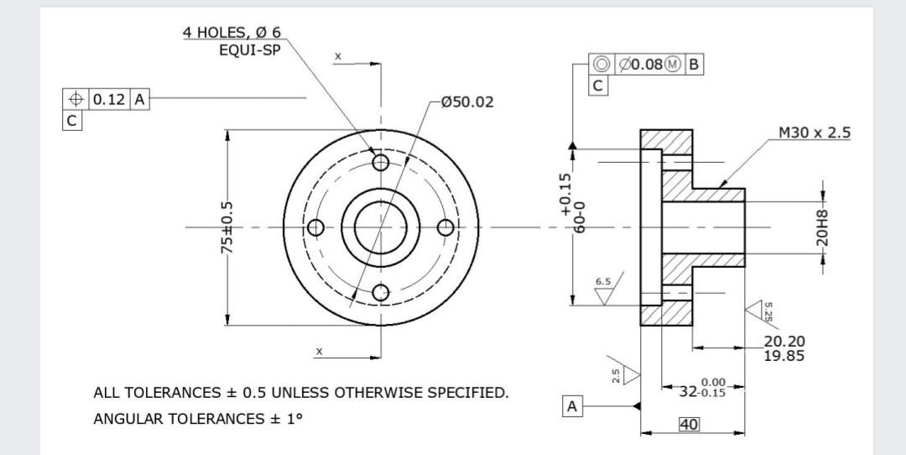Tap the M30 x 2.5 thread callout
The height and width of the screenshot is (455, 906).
pyautogui.click(x=814, y=133)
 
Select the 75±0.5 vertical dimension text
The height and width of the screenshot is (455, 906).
pyautogui.click(x=226, y=227)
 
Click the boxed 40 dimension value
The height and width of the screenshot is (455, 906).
pyautogui.click(x=689, y=425)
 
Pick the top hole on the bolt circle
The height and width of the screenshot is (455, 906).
pyautogui.click(x=381, y=161)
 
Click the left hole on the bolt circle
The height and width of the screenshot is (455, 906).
pyautogui.click(x=315, y=227)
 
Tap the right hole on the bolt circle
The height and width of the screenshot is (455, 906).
pyautogui.click(x=446, y=227)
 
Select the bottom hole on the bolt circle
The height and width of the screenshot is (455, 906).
pyautogui.click(x=381, y=292)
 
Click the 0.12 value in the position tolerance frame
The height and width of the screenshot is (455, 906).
pyautogui.click(x=108, y=100)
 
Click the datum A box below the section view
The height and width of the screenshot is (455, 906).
pyautogui.click(x=572, y=407)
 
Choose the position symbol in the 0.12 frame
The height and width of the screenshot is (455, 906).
pyautogui.click(x=75, y=100)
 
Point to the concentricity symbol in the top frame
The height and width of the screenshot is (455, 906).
pyautogui.click(x=601, y=65)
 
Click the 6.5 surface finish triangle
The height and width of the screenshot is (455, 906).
pyautogui.click(x=603, y=296)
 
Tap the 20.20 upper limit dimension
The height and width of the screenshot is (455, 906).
pyautogui.click(x=784, y=341)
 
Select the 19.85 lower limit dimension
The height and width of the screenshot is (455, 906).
pyautogui.click(x=784, y=355)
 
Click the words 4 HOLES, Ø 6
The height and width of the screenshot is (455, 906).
pyautogui.click(x=232, y=33)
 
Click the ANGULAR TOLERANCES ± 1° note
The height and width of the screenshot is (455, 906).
pyautogui.click(x=197, y=418)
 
